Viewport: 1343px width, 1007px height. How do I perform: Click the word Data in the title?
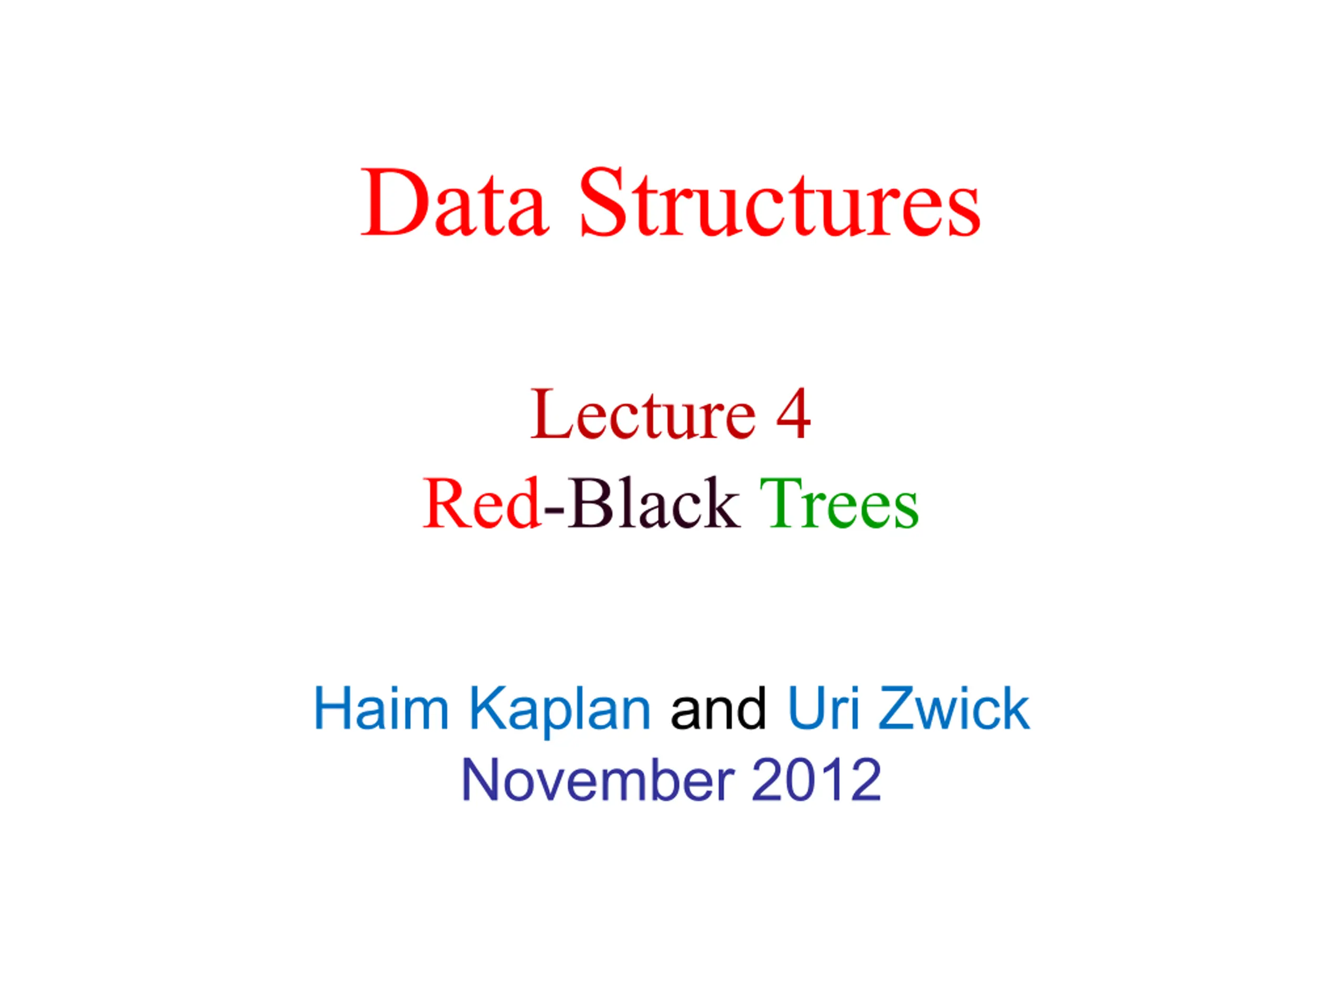pyautogui.click(x=455, y=203)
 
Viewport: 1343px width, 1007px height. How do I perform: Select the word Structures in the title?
pyautogui.click(x=780, y=203)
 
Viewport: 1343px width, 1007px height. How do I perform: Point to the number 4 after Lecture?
pyautogui.click(x=793, y=414)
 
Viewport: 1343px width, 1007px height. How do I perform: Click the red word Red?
pyautogui.click(x=482, y=503)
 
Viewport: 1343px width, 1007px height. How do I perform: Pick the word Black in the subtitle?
pyautogui.click(x=653, y=502)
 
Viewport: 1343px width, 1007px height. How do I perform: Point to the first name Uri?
pyautogui.click(x=823, y=709)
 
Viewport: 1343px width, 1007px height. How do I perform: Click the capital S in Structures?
pyautogui.click(x=602, y=203)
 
